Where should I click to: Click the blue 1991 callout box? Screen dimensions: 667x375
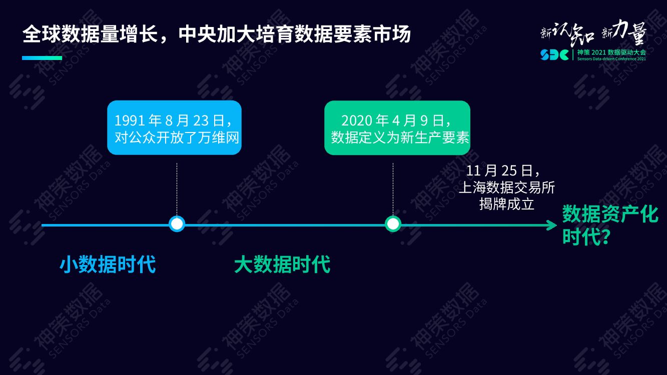(x=174, y=127)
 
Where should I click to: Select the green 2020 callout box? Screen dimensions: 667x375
(x=397, y=127)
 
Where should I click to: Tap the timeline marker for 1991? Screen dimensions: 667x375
(x=177, y=223)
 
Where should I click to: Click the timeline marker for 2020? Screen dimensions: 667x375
(x=393, y=223)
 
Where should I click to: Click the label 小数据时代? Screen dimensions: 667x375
(x=108, y=264)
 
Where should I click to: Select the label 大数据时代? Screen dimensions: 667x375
(x=282, y=264)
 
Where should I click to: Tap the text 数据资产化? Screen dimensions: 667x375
(x=610, y=214)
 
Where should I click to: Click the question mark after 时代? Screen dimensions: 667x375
(x=604, y=237)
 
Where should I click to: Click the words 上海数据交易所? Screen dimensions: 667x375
(x=507, y=187)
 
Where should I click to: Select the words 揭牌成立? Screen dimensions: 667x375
(x=507, y=204)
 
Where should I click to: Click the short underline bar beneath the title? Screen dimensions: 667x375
(x=42, y=58)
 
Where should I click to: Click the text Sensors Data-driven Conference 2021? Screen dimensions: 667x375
(x=611, y=58)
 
